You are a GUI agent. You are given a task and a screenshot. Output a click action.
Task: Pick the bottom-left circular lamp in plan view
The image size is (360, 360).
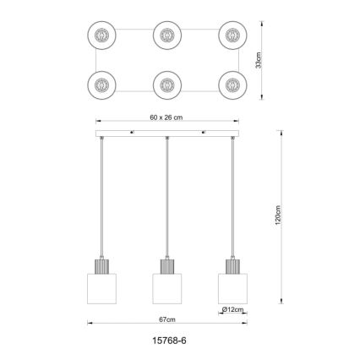101,85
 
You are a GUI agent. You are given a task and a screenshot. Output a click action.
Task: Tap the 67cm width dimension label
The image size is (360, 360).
168,319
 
